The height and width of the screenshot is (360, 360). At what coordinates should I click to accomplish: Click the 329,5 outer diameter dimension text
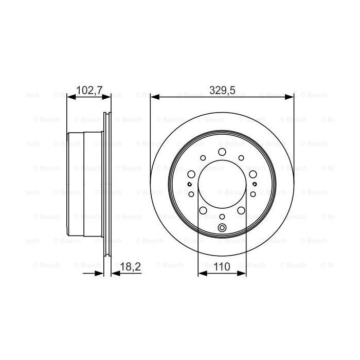pyautogui.click(x=222, y=91)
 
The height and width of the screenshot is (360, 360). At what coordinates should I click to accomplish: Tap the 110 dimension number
pyautogui.click(x=222, y=267)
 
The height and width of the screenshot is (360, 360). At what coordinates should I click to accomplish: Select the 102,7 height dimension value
pyautogui.click(x=89, y=91)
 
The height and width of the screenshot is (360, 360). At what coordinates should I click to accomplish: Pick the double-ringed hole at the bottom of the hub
pyautogui.click(x=222, y=229)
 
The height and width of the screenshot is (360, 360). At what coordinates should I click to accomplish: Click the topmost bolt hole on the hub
pyautogui.click(x=222, y=152)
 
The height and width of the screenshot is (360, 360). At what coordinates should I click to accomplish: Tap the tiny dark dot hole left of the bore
pyautogui.click(x=190, y=184)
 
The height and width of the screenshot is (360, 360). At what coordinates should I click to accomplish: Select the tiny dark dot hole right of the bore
pyautogui.click(x=255, y=184)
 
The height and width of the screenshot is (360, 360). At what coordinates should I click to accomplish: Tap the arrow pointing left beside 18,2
pyautogui.click(x=115, y=273)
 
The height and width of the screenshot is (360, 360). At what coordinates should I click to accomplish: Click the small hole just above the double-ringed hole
pyautogui.click(x=222, y=217)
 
